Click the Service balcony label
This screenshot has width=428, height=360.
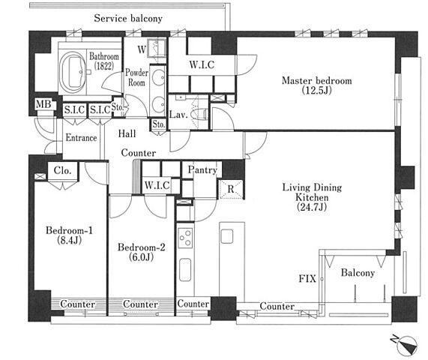(128, 18)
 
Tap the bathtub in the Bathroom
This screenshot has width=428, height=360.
(73, 73)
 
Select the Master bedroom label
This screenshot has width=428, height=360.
(316, 80)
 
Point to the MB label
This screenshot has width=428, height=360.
(43, 104)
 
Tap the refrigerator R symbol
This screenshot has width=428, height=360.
(231, 189)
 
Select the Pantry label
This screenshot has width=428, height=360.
(202, 170)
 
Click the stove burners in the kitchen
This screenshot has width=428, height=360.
(186, 237)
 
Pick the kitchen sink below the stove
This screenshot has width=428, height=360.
(185, 269)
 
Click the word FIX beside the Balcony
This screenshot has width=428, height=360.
(307, 278)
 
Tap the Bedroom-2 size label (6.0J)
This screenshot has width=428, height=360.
(141, 257)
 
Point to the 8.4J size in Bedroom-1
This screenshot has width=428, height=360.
(69, 240)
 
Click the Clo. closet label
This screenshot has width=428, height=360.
(62, 170)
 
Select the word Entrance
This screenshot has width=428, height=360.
(82, 138)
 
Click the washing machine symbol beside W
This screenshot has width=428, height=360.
(157, 48)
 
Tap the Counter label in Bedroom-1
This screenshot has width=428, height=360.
(78, 304)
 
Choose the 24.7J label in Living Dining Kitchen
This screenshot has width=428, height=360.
(312, 207)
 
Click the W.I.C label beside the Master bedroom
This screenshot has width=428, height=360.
(202, 64)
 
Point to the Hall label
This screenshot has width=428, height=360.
(127, 133)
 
